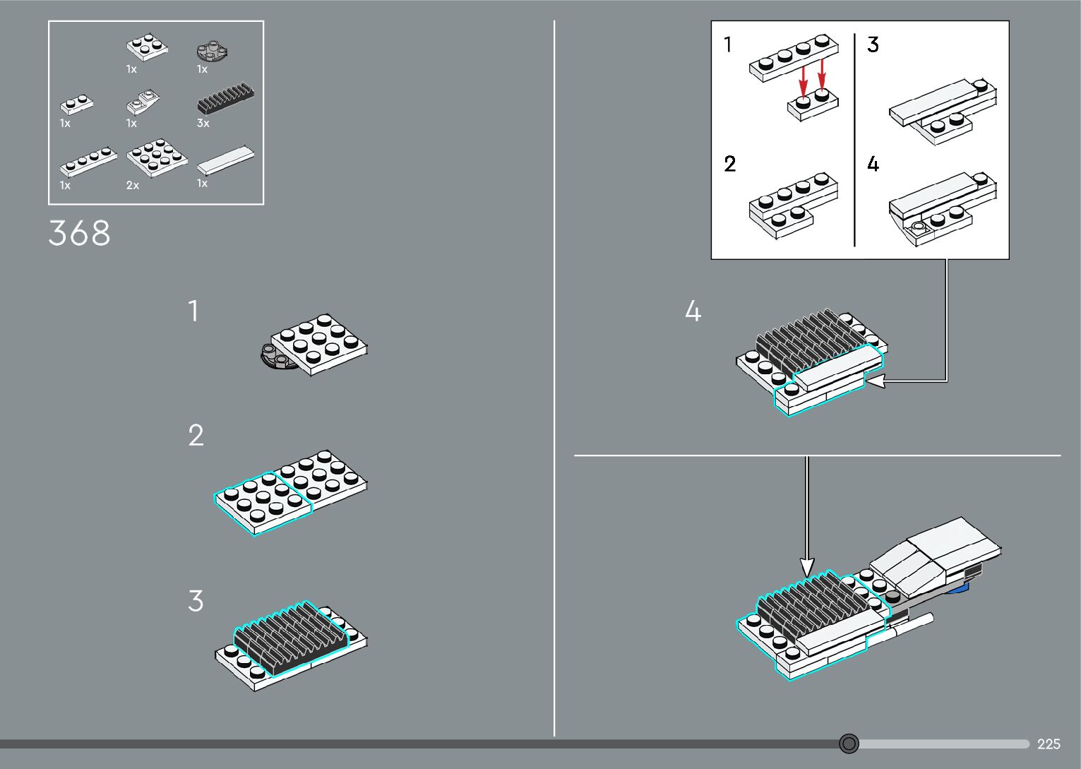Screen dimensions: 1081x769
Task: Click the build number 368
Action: pyautogui.click(x=79, y=233)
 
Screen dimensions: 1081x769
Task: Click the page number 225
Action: pyautogui.click(x=1049, y=744)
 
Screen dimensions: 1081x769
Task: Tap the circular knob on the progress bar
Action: pyautogui.click(x=849, y=744)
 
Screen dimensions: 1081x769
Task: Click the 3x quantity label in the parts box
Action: pyautogui.click(x=203, y=124)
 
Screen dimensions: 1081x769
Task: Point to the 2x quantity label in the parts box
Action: pyautogui.click(x=133, y=186)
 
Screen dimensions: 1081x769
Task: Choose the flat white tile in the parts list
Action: pyautogui.click(x=225, y=160)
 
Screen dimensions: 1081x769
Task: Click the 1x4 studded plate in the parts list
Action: pyautogui.click(x=89, y=162)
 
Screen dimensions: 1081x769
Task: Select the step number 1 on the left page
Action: pyautogui.click(x=193, y=311)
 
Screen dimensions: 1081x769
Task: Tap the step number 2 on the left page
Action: pyautogui.click(x=196, y=436)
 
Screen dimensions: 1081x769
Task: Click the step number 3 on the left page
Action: pyautogui.click(x=196, y=601)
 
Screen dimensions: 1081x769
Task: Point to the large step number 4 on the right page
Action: pyautogui.click(x=693, y=311)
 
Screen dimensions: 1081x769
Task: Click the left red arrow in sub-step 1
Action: pyautogui.click(x=803, y=79)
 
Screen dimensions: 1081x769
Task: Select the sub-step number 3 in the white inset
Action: pyautogui.click(x=873, y=45)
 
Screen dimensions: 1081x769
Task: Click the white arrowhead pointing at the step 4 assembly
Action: pyautogui.click(x=874, y=381)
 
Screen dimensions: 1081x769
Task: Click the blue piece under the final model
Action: pyautogui.click(x=960, y=588)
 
